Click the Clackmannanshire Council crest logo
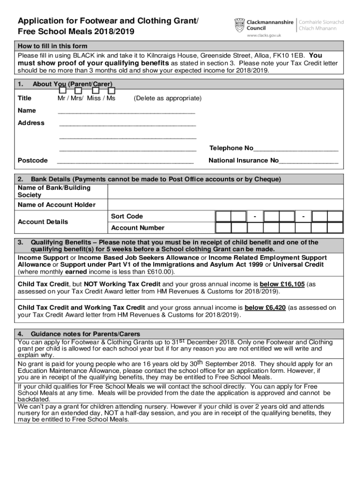pos(239,24)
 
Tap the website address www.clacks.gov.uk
pos(263,36)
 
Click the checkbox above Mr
pos(62,90)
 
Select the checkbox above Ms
pos(111,90)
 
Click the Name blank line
pos(126,112)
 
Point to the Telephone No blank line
pos(295,150)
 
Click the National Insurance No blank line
pos(309,162)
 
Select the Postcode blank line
pos(125,162)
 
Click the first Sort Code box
pos(223,216)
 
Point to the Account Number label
pos(138,228)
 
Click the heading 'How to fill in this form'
pos(52,46)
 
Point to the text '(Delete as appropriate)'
pos(167,99)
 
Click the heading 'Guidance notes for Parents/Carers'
pos(85,334)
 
